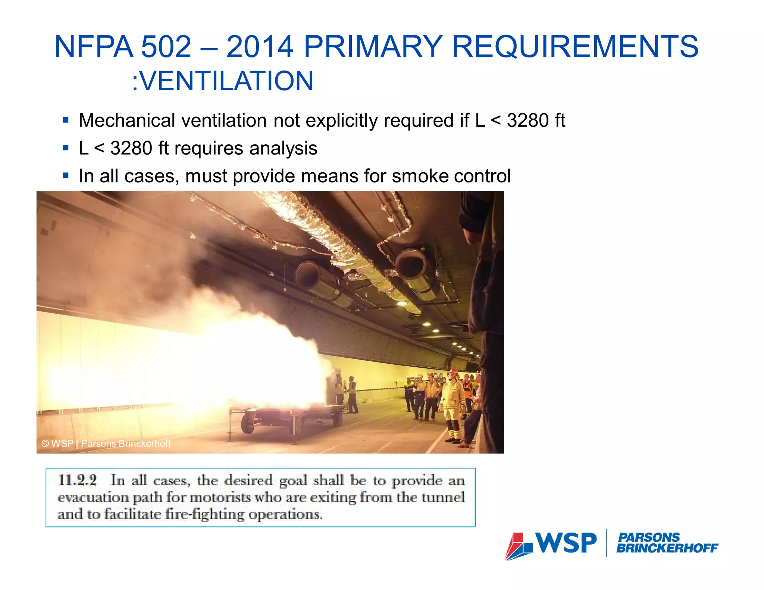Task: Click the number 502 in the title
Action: click(x=166, y=47)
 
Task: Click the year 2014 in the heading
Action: click(x=260, y=47)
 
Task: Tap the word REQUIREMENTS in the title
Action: click(x=575, y=47)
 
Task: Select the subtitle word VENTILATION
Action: click(x=226, y=81)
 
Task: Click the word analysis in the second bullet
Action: click(x=283, y=148)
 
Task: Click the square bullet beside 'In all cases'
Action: click(x=66, y=175)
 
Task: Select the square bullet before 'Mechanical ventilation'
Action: click(x=66, y=120)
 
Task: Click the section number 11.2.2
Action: click(x=78, y=480)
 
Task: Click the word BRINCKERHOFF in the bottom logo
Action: click(x=667, y=548)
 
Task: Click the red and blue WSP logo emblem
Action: click(x=519, y=546)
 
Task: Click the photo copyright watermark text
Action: click(x=106, y=443)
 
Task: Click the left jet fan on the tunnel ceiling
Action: click(x=313, y=278)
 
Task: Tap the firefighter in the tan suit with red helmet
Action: click(x=453, y=403)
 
